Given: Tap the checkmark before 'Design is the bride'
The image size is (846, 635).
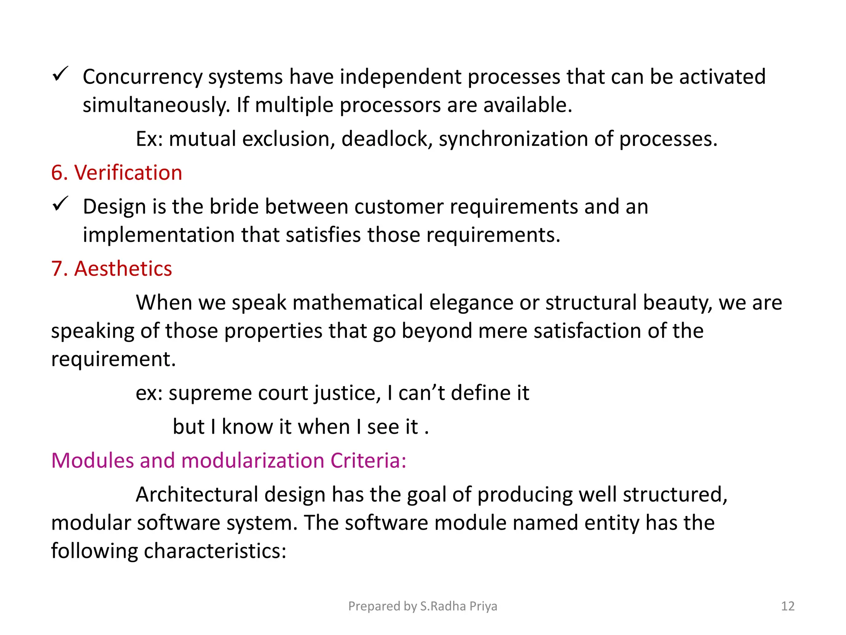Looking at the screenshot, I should [x=60, y=204].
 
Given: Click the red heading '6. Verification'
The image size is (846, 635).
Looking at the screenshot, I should [x=116, y=173].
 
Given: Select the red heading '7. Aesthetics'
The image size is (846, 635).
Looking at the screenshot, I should [x=112, y=269].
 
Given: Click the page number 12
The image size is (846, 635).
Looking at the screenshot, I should [x=788, y=606].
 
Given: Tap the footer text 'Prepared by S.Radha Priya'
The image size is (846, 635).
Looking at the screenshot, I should [x=423, y=606].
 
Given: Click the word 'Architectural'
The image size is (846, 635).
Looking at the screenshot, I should [x=197, y=494].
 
